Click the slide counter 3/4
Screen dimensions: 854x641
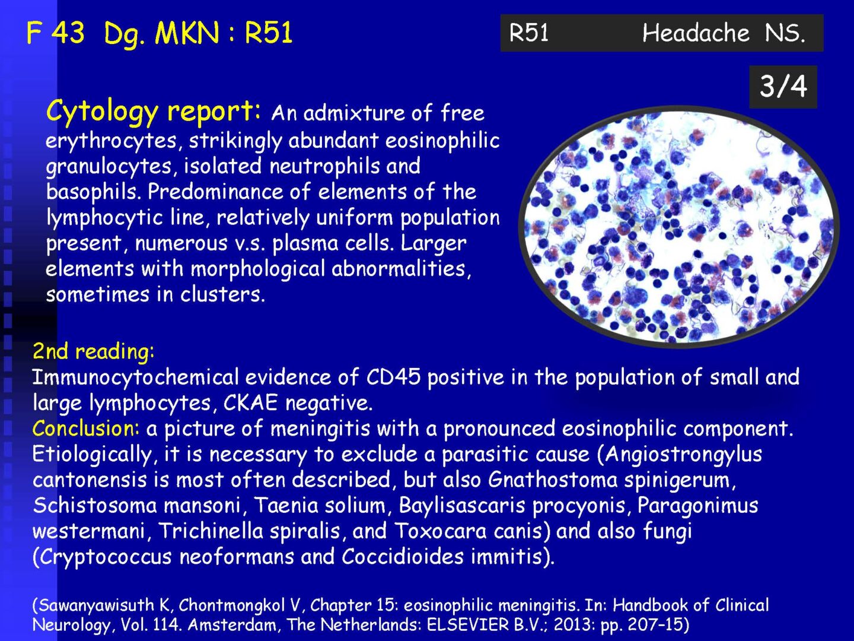783,87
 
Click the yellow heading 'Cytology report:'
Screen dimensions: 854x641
154,111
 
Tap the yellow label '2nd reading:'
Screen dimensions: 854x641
93,351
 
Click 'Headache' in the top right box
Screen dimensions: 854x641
696,33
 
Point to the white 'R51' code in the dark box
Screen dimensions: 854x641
529,33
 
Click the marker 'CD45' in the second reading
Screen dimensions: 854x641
393,377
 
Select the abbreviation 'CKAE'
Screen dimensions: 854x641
250,403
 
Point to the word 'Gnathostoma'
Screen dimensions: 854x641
553,480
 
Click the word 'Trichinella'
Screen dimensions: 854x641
211,531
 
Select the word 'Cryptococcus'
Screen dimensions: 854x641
106,557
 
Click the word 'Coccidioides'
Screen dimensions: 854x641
403,557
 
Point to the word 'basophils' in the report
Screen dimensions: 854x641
93,192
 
